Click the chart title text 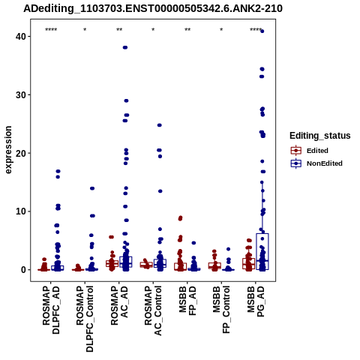tap(153, 8)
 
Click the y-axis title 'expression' tap(8, 150)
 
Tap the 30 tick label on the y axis tap(21, 95)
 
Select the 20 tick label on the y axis tap(21, 153)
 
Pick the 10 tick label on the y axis tap(21, 211)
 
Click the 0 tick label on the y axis tap(23, 270)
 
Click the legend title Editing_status tap(320, 136)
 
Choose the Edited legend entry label tap(317, 151)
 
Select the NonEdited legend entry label tap(325, 163)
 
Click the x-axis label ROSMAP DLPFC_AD tap(51, 310)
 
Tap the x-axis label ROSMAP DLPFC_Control tap(85, 319)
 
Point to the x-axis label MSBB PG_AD tap(256, 301)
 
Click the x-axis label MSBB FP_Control tap(221, 310)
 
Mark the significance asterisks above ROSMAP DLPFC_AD tap(51, 30)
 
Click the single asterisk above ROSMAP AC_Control tap(153, 30)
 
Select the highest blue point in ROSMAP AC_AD tap(125, 47)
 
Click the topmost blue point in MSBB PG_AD tap(262, 31)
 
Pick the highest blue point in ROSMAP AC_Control tap(160, 125)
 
